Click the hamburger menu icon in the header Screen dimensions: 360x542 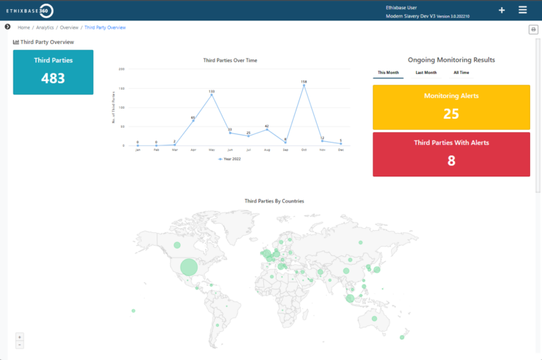click(522, 10)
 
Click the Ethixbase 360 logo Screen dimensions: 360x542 click(29, 11)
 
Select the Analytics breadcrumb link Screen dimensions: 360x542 click(45, 28)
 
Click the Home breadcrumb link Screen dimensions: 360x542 click(24, 28)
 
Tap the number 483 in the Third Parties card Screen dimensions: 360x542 click(53, 78)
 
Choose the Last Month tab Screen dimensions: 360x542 click(426, 73)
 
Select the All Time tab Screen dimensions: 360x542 click(461, 73)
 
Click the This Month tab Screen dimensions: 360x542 click(387, 73)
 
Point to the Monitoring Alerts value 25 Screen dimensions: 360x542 click(451, 114)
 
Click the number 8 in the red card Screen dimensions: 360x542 click(451, 161)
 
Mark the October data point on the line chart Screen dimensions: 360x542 click(304, 86)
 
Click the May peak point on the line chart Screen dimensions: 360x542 click(212, 95)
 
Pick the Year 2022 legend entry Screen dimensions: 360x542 click(230, 160)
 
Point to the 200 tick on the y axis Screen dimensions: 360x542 click(122, 69)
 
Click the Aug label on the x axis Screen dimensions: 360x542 click(267, 150)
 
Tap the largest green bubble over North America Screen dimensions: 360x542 click(188, 267)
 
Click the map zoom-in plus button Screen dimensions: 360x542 click(20, 337)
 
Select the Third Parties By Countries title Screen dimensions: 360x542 click(274, 201)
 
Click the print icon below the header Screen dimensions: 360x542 click(534, 29)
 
